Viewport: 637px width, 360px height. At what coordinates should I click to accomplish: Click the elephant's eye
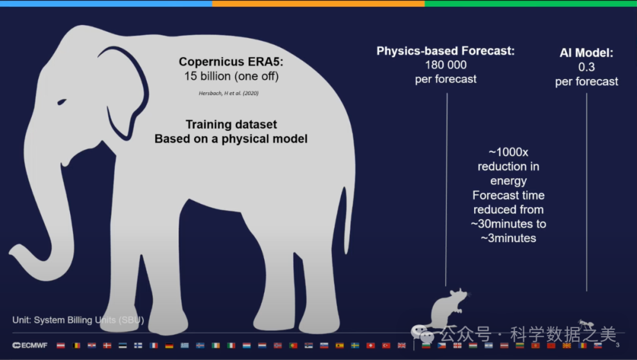pos(62,102)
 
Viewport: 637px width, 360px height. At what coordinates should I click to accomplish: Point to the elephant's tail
pos(347,220)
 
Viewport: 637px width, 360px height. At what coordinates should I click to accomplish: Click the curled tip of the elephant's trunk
pos(18,252)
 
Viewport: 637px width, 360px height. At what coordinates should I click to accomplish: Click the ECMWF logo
pos(29,345)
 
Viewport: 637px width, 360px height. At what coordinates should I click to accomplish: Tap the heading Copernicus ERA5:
pos(231,62)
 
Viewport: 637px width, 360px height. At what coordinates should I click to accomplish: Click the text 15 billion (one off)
pos(231,76)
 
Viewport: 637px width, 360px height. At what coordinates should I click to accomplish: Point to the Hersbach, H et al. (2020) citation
pos(229,93)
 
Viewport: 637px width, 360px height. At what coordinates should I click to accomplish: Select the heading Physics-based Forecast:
pos(446,51)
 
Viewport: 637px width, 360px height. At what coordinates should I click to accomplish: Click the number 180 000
pos(446,65)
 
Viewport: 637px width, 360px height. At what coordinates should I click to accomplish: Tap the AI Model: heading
pos(586,53)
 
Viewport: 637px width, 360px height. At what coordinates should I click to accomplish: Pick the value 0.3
pos(586,67)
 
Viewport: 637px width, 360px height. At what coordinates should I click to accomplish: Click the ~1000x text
pos(508,152)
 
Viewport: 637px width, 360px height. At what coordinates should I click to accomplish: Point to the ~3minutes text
pos(508,238)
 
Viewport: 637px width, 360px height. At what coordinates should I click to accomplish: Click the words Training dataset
pos(231,125)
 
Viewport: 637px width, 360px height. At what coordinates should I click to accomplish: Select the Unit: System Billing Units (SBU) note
pos(78,320)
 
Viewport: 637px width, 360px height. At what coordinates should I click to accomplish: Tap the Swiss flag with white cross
pos(370,345)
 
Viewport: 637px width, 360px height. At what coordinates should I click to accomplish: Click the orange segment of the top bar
pos(318,4)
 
